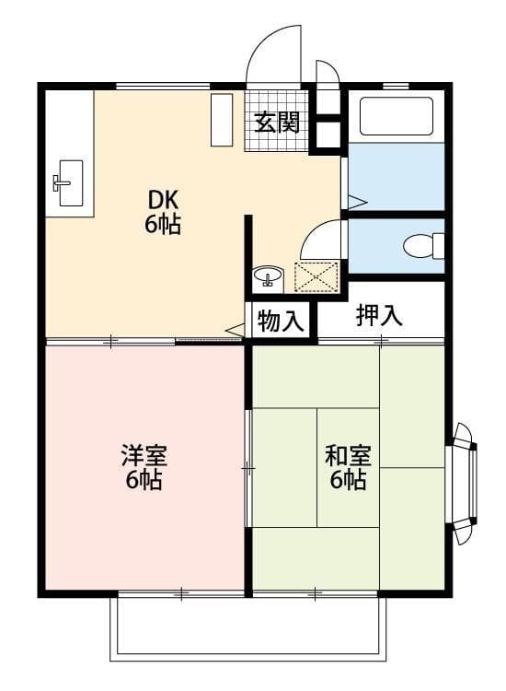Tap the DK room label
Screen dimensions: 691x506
point(163,200)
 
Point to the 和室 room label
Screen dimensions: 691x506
point(348,455)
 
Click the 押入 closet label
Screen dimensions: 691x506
point(380,315)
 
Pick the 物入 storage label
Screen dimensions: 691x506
point(280,322)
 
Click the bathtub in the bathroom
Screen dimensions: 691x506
point(396,117)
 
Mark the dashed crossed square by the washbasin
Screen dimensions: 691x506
point(315,276)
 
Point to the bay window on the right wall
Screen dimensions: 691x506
point(463,484)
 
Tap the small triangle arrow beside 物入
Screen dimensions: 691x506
point(235,328)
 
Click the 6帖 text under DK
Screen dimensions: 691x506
point(163,224)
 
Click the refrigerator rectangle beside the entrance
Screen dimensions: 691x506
point(222,120)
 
